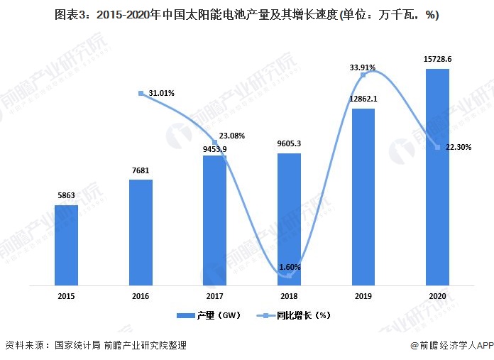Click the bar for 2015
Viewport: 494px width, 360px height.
[x=66, y=245]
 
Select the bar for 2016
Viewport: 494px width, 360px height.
[x=141, y=232]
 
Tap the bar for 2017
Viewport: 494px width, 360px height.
[x=214, y=220]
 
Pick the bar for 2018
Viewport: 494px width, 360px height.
[x=289, y=219]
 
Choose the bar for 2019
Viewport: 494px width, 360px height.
[x=363, y=197]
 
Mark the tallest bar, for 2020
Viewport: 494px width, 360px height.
[x=437, y=177]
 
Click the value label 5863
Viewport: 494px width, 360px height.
[x=66, y=196]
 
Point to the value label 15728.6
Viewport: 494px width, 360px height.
[x=437, y=60]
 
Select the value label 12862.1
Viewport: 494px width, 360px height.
[x=363, y=99]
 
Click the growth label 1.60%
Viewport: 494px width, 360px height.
[x=290, y=267]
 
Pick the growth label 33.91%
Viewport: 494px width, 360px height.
[x=363, y=67]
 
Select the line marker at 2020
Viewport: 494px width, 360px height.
[x=437, y=147]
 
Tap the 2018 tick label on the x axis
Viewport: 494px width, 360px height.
[x=289, y=295]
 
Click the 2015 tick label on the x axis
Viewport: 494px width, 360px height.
[x=66, y=295]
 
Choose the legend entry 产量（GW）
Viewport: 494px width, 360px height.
[x=205, y=314]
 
